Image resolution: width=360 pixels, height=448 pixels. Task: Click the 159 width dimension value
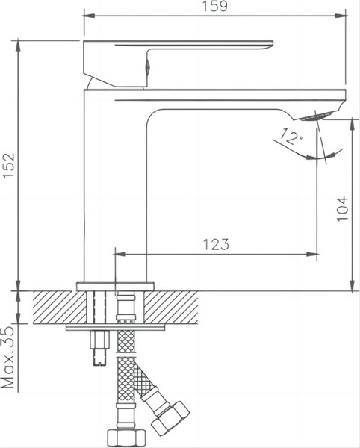(215, 7)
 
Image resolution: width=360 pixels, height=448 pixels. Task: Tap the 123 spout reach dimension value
(215, 244)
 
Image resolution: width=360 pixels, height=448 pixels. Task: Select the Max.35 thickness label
(9, 359)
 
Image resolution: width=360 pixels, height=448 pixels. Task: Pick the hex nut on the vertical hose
(124, 437)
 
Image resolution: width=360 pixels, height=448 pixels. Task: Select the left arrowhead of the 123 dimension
(120, 255)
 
